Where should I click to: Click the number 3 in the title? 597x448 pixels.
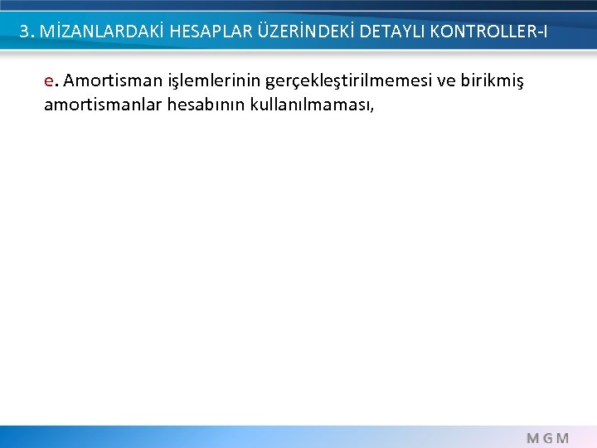click(25, 32)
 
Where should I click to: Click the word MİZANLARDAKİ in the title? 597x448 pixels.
click(93, 32)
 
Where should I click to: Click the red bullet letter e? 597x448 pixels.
click(50, 81)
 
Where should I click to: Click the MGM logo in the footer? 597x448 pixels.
click(547, 436)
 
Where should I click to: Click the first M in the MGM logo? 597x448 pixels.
click(533, 436)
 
